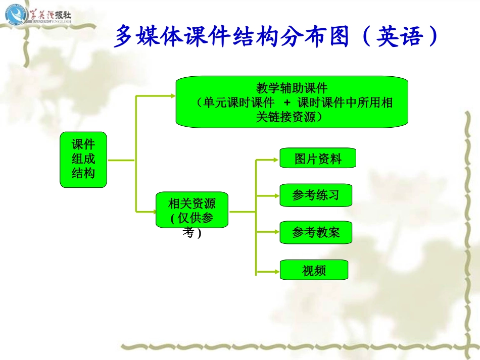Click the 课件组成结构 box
pos(83,160)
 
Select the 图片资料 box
pos(318,158)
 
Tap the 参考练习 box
pos(315,195)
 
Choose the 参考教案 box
pos(315,232)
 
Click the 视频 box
pos(314,270)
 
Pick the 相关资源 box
pos(192,210)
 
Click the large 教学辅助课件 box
pos(292,102)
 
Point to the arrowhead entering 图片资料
pos(276,160)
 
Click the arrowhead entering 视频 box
pos(276,272)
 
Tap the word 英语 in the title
pos(398,36)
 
